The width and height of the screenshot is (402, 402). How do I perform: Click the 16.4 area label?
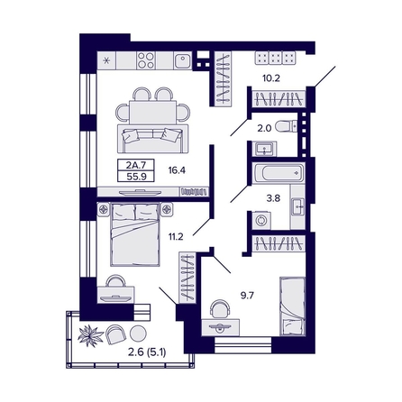pyautogui.click(x=177, y=170)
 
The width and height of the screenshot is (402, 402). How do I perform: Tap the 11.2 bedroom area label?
pyautogui.click(x=176, y=237)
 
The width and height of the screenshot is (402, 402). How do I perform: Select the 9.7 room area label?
pyautogui.click(x=247, y=296)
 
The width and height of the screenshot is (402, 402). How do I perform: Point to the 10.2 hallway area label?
pyautogui.click(x=271, y=78)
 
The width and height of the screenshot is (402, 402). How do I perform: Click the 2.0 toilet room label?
pyautogui.click(x=264, y=128)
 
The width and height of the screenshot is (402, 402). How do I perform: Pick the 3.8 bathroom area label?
pyautogui.click(x=273, y=198)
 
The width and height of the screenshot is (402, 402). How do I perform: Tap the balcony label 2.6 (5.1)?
pyautogui.click(x=147, y=352)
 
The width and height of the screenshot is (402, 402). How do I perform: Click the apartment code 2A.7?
pyautogui.click(x=136, y=165)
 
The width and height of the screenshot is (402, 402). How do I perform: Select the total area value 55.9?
pyautogui.click(x=136, y=177)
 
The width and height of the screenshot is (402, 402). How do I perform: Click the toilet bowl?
pyautogui.click(x=286, y=126)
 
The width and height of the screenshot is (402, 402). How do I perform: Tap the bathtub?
pyautogui.click(x=279, y=173)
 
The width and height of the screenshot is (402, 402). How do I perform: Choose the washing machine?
pyautogui.click(x=261, y=221)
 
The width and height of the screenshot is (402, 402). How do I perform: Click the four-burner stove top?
pyautogui.click(x=146, y=60)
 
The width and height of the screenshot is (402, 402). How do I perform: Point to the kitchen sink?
pyautogui.click(x=182, y=61)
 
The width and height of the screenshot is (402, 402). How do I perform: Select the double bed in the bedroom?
pyautogui.click(x=134, y=234)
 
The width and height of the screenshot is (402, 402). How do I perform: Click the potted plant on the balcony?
pyautogui.click(x=90, y=335)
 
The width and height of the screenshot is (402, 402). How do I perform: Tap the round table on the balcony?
pyautogui.click(x=138, y=333)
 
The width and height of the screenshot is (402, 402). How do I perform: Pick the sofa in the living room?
pyautogui.click(x=152, y=139)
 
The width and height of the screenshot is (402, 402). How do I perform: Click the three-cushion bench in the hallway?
pyautogui.click(x=275, y=58)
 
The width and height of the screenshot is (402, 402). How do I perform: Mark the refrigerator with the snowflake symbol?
pyautogui.click(x=106, y=60)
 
